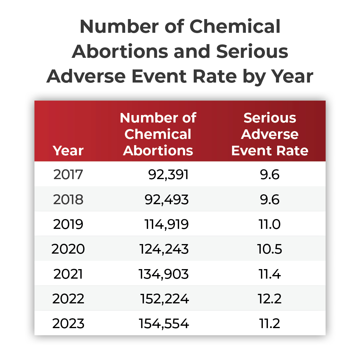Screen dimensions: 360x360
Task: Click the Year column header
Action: click(x=68, y=150)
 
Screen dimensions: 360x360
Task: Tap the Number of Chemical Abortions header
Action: click(x=158, y=134)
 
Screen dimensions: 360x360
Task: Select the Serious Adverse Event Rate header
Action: click(x=270, y=134)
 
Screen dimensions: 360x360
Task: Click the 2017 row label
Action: click(x=68, y=175)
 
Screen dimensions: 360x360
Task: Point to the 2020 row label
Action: click(x=68, y=249)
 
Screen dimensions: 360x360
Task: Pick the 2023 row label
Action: click(x=68, y=323)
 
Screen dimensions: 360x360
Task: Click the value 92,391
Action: click(x=168, y=175)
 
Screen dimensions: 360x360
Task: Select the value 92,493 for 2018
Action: click(x=167, y=200)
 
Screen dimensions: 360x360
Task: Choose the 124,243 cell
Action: click(x=164, y=249)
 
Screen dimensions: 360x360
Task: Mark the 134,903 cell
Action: click(x=164, y=274)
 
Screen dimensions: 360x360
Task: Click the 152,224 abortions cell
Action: click(x=165, y=299)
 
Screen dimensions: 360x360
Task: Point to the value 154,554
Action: click(x=164, y=324)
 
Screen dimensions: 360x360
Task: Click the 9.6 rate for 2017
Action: click(x=270, y=175)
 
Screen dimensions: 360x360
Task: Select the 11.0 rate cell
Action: click(x=270, y=224)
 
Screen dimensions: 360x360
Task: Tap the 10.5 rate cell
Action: click(x=270, y=249)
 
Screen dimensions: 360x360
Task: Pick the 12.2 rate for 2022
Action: click(x=270, y=299)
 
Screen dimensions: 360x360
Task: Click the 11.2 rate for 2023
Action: click(x=270, y=323)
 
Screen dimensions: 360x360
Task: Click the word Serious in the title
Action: click(x=252, y=51)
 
